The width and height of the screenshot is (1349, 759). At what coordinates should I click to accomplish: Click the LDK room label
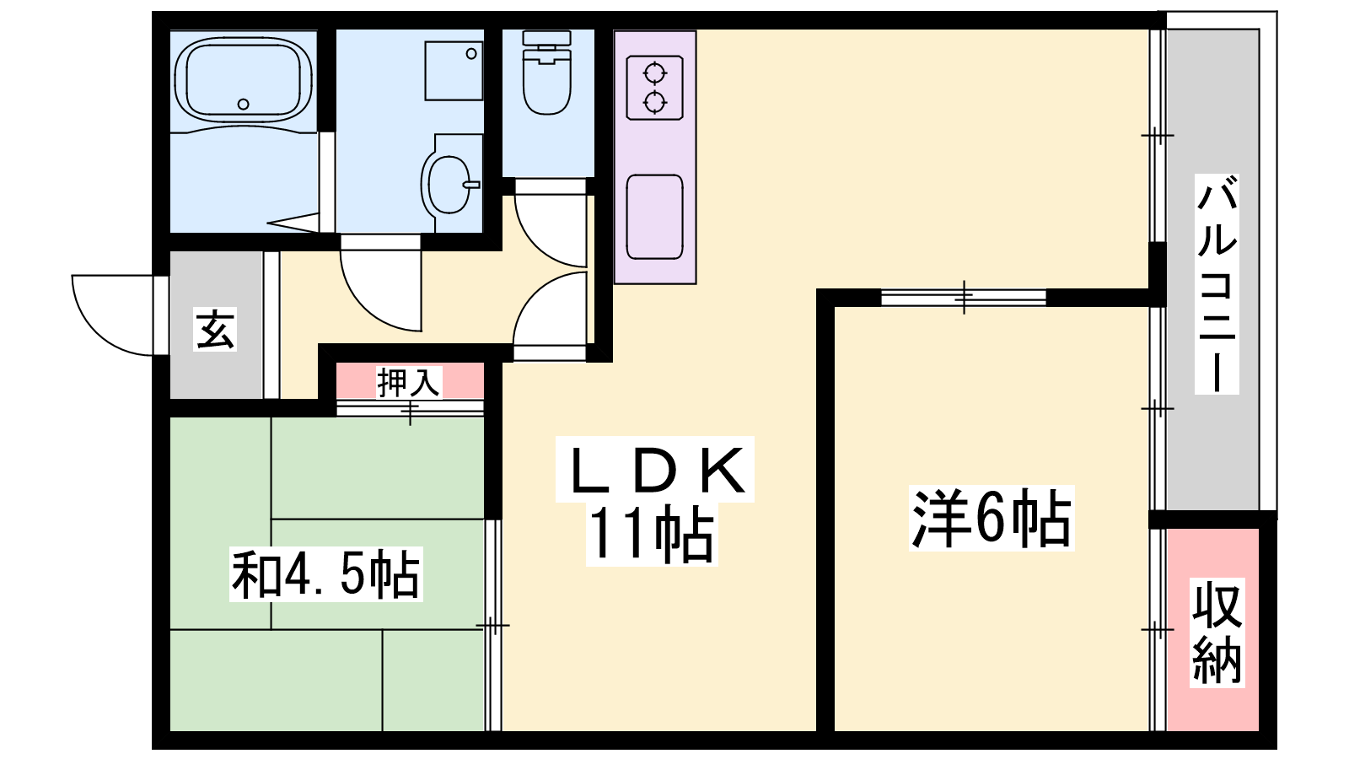pyautogui.click(x=654, y=471)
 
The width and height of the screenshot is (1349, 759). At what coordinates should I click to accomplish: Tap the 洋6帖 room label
pyautogui.click(x=992, y=518)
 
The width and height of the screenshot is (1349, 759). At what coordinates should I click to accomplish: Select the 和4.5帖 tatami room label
pyautogui.click(x=325, y=574)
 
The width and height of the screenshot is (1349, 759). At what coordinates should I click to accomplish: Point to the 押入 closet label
pyautogui.click(x=409, y=382)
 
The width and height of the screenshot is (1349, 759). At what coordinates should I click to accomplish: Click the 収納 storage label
pyautogui.click(x=1217, y=632)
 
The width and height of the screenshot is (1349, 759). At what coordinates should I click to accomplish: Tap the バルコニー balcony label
pyautogui.click(x=1217, y=283)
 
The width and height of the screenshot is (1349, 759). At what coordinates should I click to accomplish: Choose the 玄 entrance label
pyautogui.click(x=215, y=330)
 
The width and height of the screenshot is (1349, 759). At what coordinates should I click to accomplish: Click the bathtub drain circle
pyautogui.click(x=244, y=105)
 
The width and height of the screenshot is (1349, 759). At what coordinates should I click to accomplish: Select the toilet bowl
pyautogui.click(x=547, y=81)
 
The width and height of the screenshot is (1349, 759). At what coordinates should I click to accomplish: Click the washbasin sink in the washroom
pyautogui.click(x=449, y=185)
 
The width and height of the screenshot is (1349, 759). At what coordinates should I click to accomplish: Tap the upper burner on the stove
pyautogui.click(x=654, y=74)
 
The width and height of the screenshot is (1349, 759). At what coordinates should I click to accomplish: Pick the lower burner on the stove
pyautogui.click(x=654, y=102)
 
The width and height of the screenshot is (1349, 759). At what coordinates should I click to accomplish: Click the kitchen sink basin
pyautogui.click(x=654, y=217)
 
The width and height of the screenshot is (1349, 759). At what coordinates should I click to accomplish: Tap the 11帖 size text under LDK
pyautogui.click(x=653, y=535)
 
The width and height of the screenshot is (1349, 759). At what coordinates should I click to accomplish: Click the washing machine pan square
pyautogui.click(x=454, y=71)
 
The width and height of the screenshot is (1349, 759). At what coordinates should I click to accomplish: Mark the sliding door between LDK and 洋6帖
pyautogui.click(x=964, y=298)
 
